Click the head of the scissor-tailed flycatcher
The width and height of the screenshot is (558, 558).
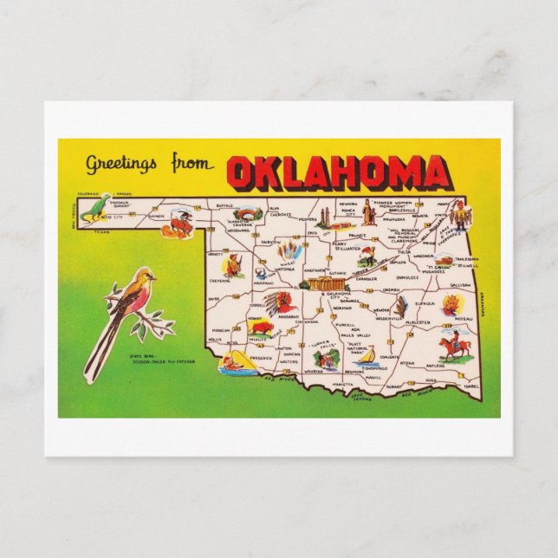click(146, 277)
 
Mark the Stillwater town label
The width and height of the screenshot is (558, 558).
click(347, 249)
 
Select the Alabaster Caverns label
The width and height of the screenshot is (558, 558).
click(239, 222)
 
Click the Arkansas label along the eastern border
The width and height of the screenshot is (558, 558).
click(479, 305)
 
